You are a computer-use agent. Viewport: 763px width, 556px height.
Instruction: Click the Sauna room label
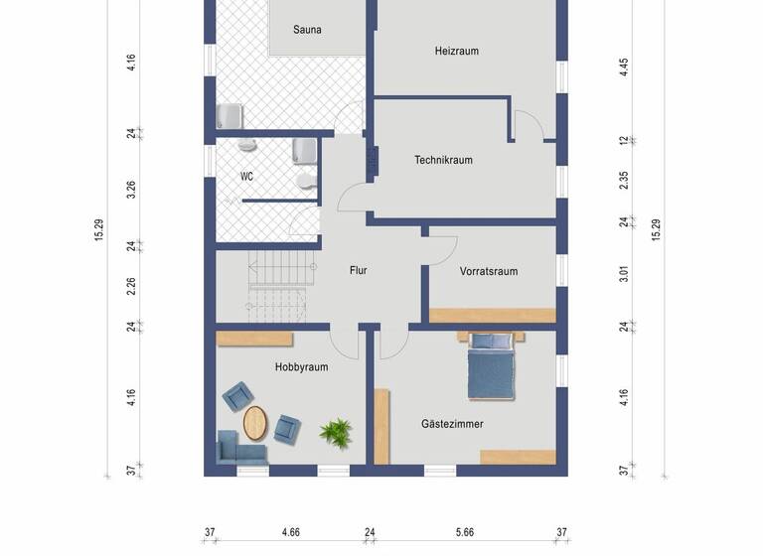pos(307,30)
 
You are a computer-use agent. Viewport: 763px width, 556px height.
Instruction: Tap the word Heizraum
pos(457,51)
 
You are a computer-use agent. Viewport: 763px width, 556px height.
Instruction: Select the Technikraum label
pos(443,160)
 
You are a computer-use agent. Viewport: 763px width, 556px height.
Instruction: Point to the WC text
pos(247,177)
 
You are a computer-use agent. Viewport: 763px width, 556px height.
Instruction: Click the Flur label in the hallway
pos(359,270)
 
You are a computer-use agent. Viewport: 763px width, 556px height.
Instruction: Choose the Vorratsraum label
pos(489,271)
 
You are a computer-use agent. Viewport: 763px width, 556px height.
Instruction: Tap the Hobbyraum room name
pos(301,367)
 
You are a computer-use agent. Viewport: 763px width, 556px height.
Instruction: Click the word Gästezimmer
pos(452,424)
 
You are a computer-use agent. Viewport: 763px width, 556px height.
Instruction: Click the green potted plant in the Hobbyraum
pos(336,433)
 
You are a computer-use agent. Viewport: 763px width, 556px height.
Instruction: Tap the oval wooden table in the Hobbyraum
pos(256,424)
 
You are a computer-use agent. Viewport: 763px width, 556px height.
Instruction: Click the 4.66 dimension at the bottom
pos(291,533)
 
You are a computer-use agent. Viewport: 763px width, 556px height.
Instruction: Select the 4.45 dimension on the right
pos(624,67)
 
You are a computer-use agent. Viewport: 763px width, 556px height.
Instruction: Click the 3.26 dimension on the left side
pos(131,190)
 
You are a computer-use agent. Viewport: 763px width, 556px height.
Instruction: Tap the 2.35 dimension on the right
pos(624,180)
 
